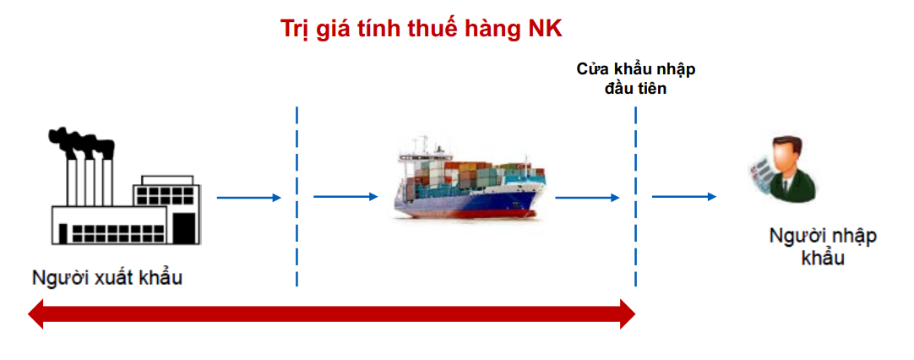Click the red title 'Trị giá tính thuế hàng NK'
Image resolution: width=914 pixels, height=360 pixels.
[421, 30]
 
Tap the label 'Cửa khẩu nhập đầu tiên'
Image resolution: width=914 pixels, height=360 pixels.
[635, 79]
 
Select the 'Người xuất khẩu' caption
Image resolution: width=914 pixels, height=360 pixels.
[107, 278]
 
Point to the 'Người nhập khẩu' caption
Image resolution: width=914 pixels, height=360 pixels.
[823, 246]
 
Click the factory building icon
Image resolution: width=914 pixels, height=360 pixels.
[125, 186]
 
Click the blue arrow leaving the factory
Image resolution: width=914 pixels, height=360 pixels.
[249, 198]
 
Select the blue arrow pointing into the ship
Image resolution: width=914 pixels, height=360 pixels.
[345, 197]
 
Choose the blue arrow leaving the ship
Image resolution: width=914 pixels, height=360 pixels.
[588, 198]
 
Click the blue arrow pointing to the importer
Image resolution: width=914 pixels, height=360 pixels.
[683, 197]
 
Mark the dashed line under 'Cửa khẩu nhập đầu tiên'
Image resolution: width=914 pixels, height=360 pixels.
[635, 197]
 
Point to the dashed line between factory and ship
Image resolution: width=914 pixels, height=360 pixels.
[297, 197]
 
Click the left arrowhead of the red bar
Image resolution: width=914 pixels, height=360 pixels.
[36, 314]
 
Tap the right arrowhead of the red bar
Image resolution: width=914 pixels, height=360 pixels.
[628, 314]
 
